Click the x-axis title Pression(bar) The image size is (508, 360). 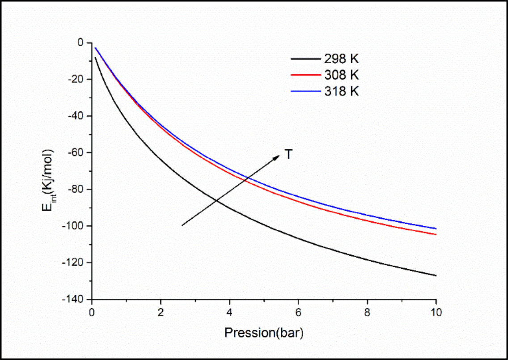264,333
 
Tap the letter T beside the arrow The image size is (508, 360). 289,155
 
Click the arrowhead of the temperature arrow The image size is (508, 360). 277,156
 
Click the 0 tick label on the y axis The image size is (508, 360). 81,42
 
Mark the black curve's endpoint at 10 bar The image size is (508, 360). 436,275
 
